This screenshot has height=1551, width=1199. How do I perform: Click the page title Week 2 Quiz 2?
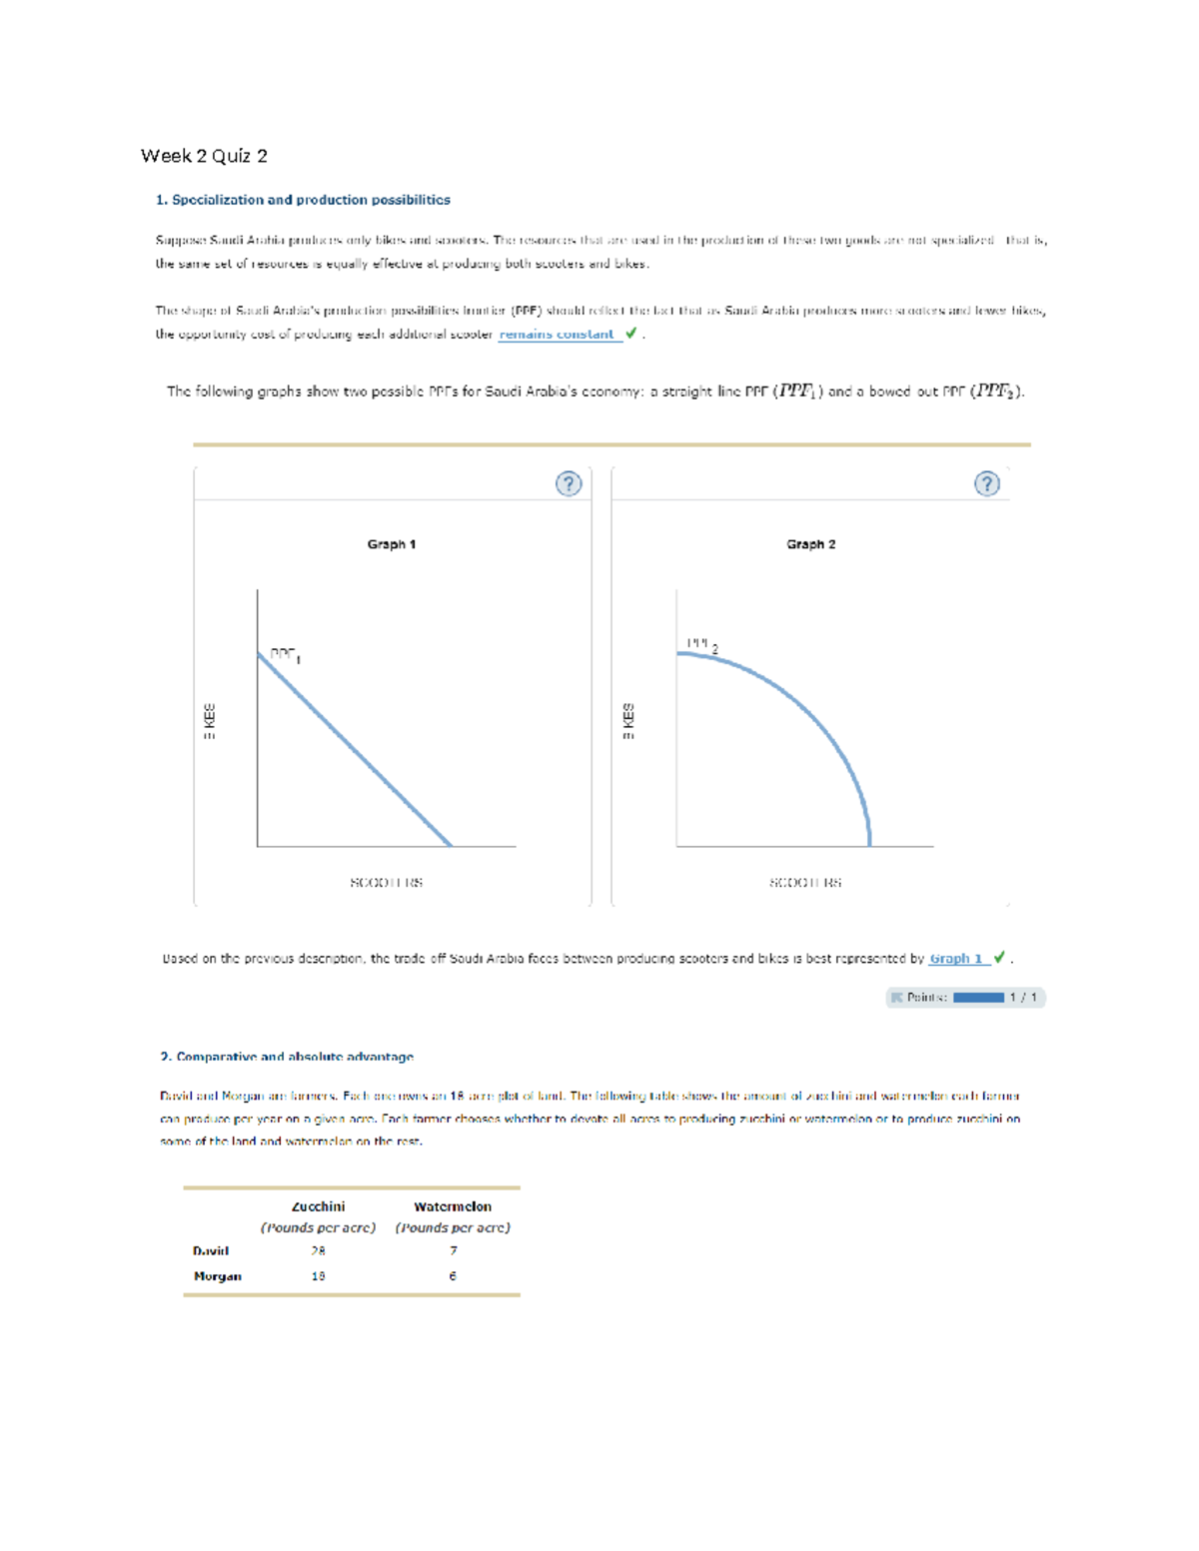pos(204,156)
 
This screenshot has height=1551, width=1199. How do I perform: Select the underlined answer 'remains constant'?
pos(557,335)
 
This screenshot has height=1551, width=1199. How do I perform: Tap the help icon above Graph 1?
pos(569,484)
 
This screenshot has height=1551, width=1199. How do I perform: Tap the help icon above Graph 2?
pos(986,484)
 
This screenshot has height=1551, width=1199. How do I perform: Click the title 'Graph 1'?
pos(391,544)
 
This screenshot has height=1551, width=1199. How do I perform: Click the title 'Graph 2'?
pos(810,544)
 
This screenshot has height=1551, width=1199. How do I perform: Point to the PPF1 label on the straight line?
pos(285,654)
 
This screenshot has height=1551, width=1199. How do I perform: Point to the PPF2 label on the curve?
pos(701,644)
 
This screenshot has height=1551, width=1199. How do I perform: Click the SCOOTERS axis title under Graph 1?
pos(386,883)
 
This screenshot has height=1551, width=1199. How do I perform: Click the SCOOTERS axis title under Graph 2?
pos(805,883)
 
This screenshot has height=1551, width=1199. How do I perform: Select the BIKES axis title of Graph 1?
pos(209,721)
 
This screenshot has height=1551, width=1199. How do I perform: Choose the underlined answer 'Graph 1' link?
pos(956,959)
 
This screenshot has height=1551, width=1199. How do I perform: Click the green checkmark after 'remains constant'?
pos(630,334)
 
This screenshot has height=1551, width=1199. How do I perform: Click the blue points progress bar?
pos(978,998)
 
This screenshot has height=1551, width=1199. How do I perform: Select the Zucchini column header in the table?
pos(318,1206)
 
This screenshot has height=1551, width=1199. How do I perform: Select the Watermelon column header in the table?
pos(453,1206)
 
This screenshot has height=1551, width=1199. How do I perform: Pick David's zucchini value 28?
pos(318,1250)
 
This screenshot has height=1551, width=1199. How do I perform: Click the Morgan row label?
pos(218,1276)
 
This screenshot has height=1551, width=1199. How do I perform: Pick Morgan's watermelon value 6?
pos(453,1276)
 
